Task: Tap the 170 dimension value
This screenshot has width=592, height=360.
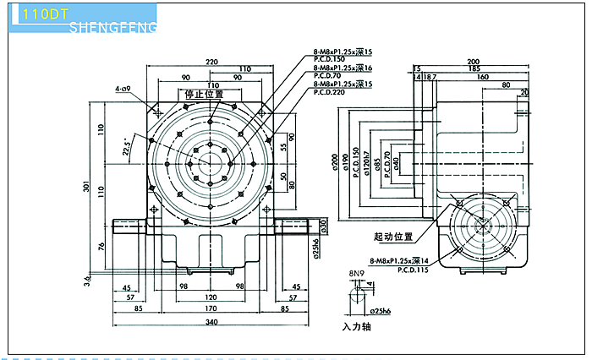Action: click(211, 308)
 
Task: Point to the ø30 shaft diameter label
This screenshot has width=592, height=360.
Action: click(323, 226)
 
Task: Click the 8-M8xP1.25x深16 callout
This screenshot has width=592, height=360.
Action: click(343, 67)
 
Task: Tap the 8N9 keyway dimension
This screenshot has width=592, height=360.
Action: click(356, 274)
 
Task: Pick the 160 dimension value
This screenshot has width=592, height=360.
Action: click(483, 76)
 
